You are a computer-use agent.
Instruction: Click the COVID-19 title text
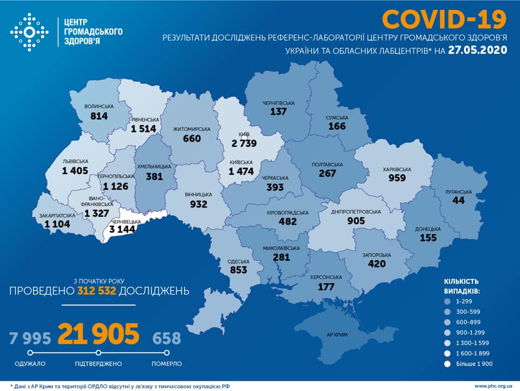pos(444,19)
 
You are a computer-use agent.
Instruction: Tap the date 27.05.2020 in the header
pos(477,50)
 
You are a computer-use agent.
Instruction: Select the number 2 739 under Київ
pos(242,143)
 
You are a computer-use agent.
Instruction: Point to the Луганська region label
pos(459,192)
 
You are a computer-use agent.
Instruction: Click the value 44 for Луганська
pos(459,201)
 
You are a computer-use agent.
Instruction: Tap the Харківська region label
pos(396,169)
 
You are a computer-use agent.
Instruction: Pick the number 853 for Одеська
pos(238,270)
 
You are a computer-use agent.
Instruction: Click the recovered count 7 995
pos(30,338)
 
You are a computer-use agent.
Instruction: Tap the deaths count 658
pos(166,338)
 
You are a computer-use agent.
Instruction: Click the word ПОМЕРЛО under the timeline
pos(166,363)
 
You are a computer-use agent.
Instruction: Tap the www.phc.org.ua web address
pos(493,386)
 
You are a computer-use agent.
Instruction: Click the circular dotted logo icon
pos(29,33)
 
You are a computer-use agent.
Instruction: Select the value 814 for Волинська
pos(99,116)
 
